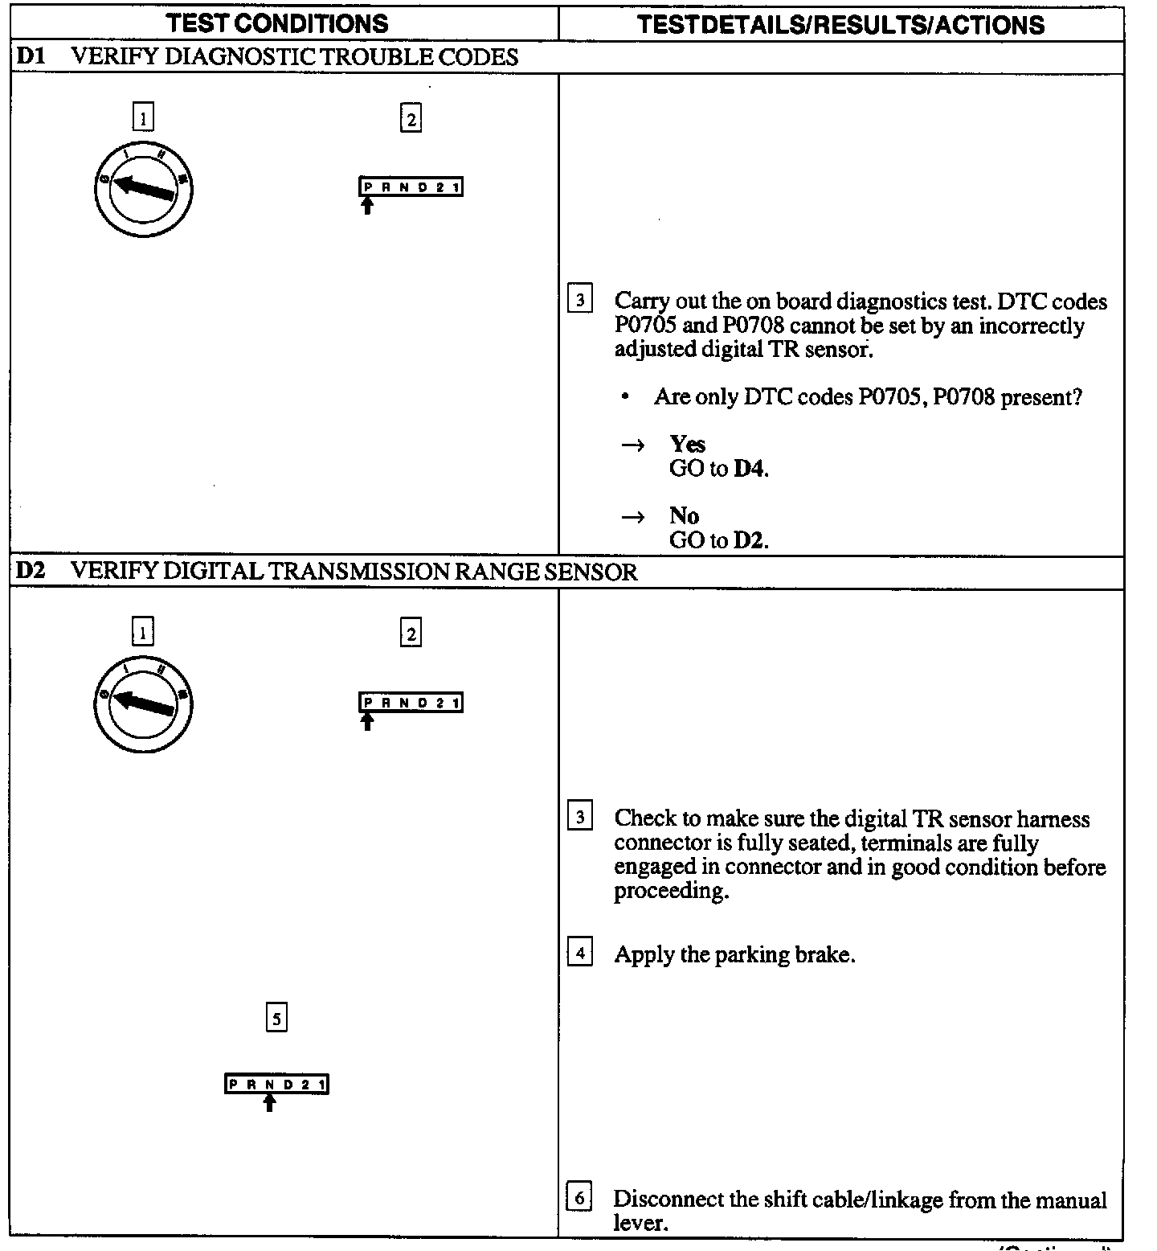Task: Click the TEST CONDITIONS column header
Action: pyautogui.click(x=277, y=23)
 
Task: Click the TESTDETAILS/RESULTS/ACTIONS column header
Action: pyautogui.click(x=840, y=24)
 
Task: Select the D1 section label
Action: pyautogui.click(x=31, y=57)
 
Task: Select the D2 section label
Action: pyautogui.click(x=31, y=572)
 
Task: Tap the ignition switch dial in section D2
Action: pyautogui.click(x=143, y=705)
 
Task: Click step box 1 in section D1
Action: pyautogui.click(x=142, y=119)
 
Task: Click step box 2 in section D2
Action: pyautogui.click(x=411, y=634)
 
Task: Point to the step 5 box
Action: pyautogui.click(x=276, y=1019)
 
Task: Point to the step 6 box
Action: pyautogui.click(x=579, y=1197)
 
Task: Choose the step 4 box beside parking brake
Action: pyautogui.click(x=579, y=954)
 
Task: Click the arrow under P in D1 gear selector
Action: pyautogui.click(x=367, y=206)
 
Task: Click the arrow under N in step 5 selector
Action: pyautogui.click(x=270, y=1102)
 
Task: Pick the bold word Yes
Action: pyautogui.click(x=687, y=444)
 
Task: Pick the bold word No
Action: pyautogui.click(x=684, y=515)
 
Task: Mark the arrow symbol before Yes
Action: pyautogui.click(x=633, y=445)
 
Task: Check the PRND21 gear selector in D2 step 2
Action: pyautogui.click(x=411, y=703)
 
